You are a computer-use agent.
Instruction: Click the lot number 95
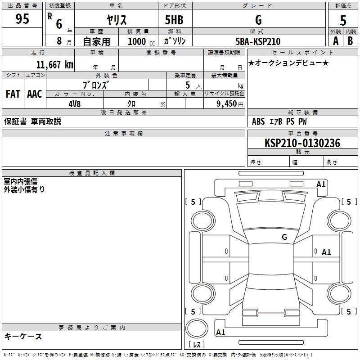coord(22,20)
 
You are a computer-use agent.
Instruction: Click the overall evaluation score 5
coord(343,20)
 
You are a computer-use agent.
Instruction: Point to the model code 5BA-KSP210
coord(257,41)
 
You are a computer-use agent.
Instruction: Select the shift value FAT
coord(13,94)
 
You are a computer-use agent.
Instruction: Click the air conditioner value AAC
coord(35,94)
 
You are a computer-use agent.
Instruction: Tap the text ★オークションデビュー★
coord(288,63)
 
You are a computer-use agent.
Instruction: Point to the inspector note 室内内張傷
coord(21,181)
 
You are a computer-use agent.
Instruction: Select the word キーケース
coord(23,336)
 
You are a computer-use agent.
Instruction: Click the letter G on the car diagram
coord(284,237)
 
